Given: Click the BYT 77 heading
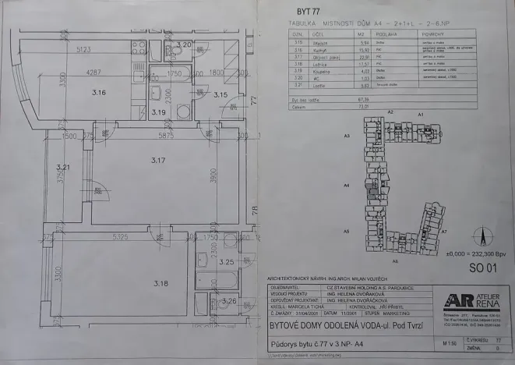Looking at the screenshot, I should (x=309, y=12).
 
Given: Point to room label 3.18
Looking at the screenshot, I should (x=161, y=282).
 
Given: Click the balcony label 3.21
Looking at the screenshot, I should (x=62, y=166).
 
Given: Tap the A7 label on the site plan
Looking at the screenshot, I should (x=443, y=232).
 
